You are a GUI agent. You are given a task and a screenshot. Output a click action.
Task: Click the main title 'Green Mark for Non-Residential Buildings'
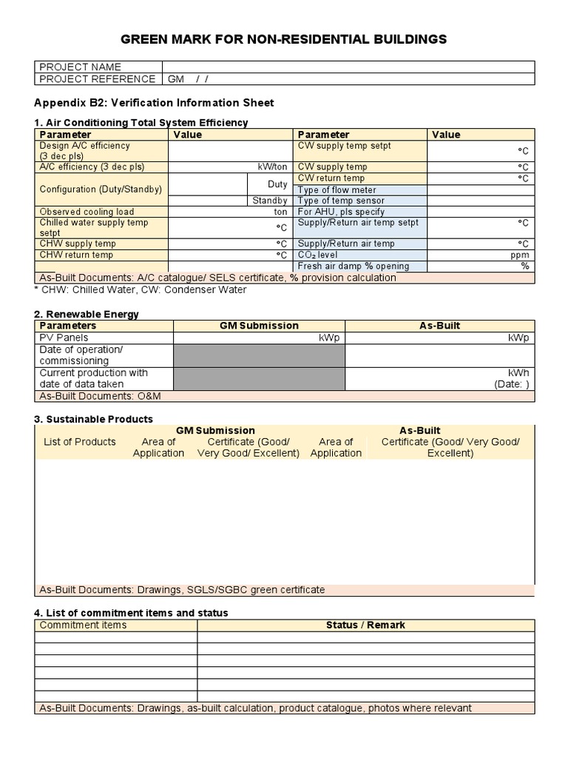[284, 39]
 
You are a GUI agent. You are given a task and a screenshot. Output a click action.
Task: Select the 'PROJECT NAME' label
[80, 67]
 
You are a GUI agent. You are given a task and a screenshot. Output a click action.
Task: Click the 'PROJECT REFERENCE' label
[97, 79]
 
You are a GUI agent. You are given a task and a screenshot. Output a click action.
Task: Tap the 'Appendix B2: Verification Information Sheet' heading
[155, 103]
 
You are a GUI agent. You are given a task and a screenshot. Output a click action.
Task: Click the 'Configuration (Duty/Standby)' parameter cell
[101, 189]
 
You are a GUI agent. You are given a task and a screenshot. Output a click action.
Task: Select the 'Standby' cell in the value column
[269, 201]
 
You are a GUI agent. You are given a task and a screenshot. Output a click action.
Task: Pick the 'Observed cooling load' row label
[87, 212]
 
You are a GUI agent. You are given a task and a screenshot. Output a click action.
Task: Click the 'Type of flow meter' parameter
[337, 190]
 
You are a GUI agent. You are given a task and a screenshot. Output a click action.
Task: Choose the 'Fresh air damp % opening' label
[353, 266]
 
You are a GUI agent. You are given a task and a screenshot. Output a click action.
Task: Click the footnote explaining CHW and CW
[141, 289]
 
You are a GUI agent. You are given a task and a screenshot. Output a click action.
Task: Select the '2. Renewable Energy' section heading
[87, 314]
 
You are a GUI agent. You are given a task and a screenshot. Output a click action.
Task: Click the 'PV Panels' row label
[64, 338]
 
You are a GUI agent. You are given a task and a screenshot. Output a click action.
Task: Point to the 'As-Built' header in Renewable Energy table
[439, 326]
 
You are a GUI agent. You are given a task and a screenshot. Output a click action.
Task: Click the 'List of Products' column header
[80, 442]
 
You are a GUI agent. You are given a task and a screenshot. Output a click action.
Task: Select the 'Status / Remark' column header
[365, 625]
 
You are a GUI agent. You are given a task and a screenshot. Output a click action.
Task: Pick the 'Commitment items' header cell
[83, 625]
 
